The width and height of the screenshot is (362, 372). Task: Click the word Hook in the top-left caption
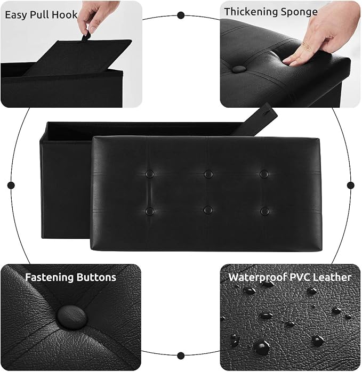[x=65, y=14]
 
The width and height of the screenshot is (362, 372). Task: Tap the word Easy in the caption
[x=15, y=15]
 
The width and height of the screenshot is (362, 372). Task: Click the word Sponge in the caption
[x=299, y=12]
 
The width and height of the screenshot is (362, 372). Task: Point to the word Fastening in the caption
[x=49, y=277]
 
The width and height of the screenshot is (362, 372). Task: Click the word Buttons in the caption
[x=96, y=277]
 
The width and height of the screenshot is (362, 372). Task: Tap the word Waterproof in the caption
[x=257, y=277]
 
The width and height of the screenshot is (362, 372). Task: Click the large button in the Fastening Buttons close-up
[x=71, y=317]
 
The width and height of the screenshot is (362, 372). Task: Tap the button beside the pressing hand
[x=239, y=69]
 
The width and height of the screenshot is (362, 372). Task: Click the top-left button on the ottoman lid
[x=150, y=174]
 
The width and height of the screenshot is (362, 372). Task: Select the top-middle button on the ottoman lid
[x=208, y=174]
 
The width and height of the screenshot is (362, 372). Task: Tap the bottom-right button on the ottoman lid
[x=265, y=211]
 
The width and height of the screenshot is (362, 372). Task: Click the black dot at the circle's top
[x=181, y=15]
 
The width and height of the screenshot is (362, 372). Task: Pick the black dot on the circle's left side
[x=11, y=185]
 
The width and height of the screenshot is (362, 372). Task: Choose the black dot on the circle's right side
[x=351, y=185]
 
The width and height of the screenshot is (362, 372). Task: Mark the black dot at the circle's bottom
[x=181, y=355]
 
